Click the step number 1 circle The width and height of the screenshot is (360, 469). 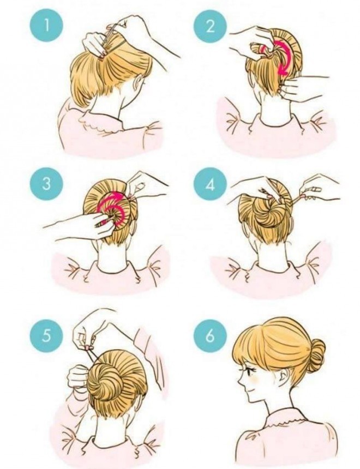(x=47, y=26)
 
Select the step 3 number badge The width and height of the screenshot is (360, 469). (x=47, y=184)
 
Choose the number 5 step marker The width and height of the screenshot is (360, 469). (x=47, y=336)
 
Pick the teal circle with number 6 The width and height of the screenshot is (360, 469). (x=211, y=336)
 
